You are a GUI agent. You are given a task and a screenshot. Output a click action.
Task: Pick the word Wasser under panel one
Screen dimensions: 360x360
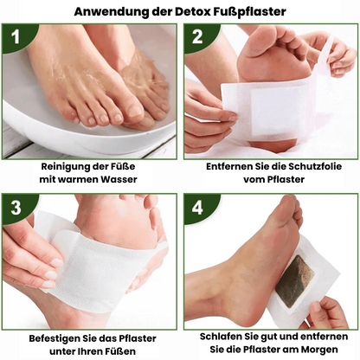click(119, 179)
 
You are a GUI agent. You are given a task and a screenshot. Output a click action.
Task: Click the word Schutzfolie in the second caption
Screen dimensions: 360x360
click(315, 166)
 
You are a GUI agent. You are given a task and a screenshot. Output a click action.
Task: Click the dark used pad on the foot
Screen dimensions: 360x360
click(295, 280)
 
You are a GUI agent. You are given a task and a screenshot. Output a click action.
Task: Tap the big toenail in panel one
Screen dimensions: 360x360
click(135, 110)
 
